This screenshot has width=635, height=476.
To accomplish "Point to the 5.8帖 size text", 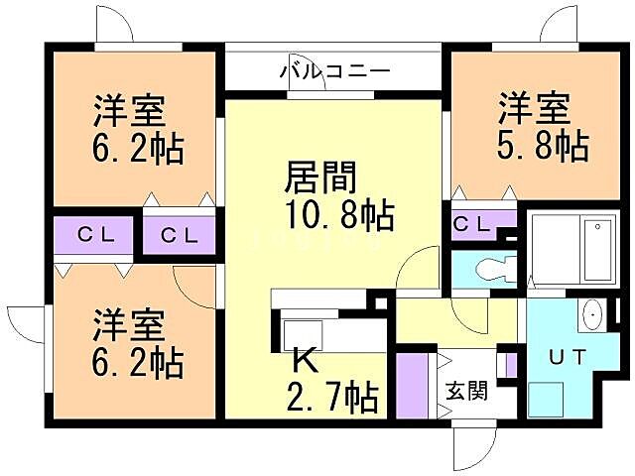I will coord(542,145).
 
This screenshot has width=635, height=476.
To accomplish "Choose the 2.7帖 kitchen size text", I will coord(332,399).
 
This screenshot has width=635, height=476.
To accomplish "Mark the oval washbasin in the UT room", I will coord(592,318).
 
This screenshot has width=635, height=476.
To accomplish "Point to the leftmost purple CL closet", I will coord(98,236).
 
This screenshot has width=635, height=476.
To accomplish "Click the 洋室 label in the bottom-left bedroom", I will coord(130,326).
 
